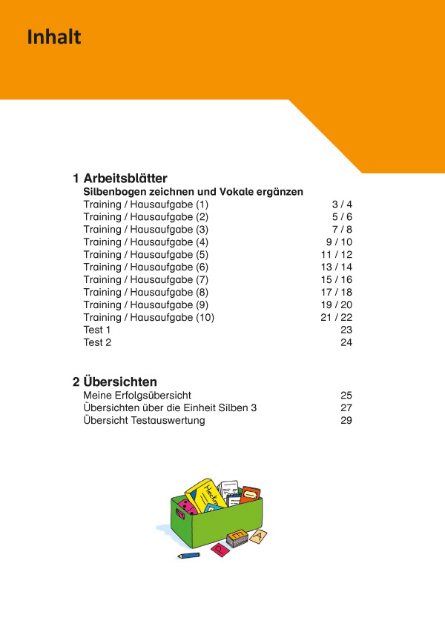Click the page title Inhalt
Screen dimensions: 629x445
[54, 37]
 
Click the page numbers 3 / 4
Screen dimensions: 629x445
[342, 204]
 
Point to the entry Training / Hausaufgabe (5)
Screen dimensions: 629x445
[146, 254]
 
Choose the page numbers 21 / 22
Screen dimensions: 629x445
[336, 317]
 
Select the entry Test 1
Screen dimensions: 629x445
[97, 330]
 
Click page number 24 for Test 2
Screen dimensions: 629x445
[346, 342]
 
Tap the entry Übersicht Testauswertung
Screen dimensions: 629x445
[144, 421]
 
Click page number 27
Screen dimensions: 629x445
[346, 408]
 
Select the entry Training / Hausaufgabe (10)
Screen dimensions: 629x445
[148, 317]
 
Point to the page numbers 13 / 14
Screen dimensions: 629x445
[336, 267]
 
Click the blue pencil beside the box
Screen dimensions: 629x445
[189, 554]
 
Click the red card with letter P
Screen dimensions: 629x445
[220, 549]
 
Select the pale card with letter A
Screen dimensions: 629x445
[259, 535]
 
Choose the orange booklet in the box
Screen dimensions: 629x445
[250, 493]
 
